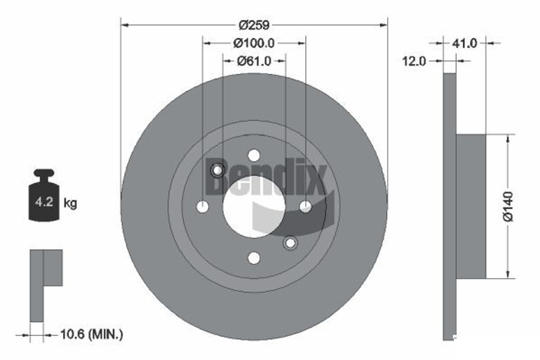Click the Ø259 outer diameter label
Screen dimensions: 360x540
tap(254, 25)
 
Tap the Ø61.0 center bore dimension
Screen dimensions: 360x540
tap(254, 61)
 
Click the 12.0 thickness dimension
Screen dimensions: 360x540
tap(414, 62)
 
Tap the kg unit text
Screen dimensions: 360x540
tap(70, 203)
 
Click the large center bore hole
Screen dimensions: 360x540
tap(254, 207)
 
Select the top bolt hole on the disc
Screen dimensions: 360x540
tap(254, 155)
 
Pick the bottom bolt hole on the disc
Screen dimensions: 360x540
tap(254, 258)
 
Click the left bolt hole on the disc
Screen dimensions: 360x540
tap(203, 206)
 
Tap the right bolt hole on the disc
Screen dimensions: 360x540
tap(305, 206)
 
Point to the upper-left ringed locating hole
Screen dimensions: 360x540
tap(218, 171)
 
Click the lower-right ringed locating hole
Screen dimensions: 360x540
tap(290, 243)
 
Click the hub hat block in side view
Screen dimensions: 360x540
tap(471, 206)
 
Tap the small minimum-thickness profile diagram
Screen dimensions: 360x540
tap(45, 283)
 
